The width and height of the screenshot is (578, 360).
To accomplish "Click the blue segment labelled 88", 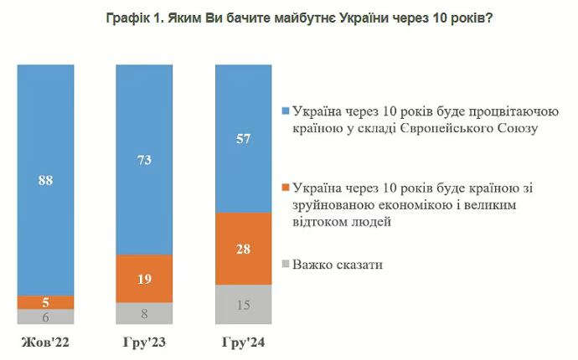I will tap(46, 179).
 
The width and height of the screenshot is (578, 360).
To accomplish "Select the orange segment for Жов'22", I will tap(46, 301).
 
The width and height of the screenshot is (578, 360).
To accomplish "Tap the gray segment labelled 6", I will tap(46, 316).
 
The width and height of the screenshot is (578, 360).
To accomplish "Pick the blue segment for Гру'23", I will tap(144, 159).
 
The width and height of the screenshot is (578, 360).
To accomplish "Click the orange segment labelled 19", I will tap(144, 278).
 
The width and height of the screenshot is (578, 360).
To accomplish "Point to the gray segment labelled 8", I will tap(144, 313).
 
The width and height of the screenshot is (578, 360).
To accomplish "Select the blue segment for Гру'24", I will tap(244, 138).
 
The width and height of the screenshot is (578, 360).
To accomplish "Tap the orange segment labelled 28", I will tap(244, 248).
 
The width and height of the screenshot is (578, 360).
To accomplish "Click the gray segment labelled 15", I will tap(244, 304).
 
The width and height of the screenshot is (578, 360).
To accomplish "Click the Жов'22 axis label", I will tap(46, 342).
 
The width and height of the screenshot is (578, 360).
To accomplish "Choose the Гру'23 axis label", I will tap(144, 342).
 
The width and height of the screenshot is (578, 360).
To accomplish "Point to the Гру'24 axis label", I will tap(244, 342).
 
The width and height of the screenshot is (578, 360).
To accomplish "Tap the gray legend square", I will tap(286, 265).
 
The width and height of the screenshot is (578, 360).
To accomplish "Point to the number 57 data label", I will tap(244, 138).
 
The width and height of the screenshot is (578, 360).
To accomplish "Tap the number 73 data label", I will tap(144, 159).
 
